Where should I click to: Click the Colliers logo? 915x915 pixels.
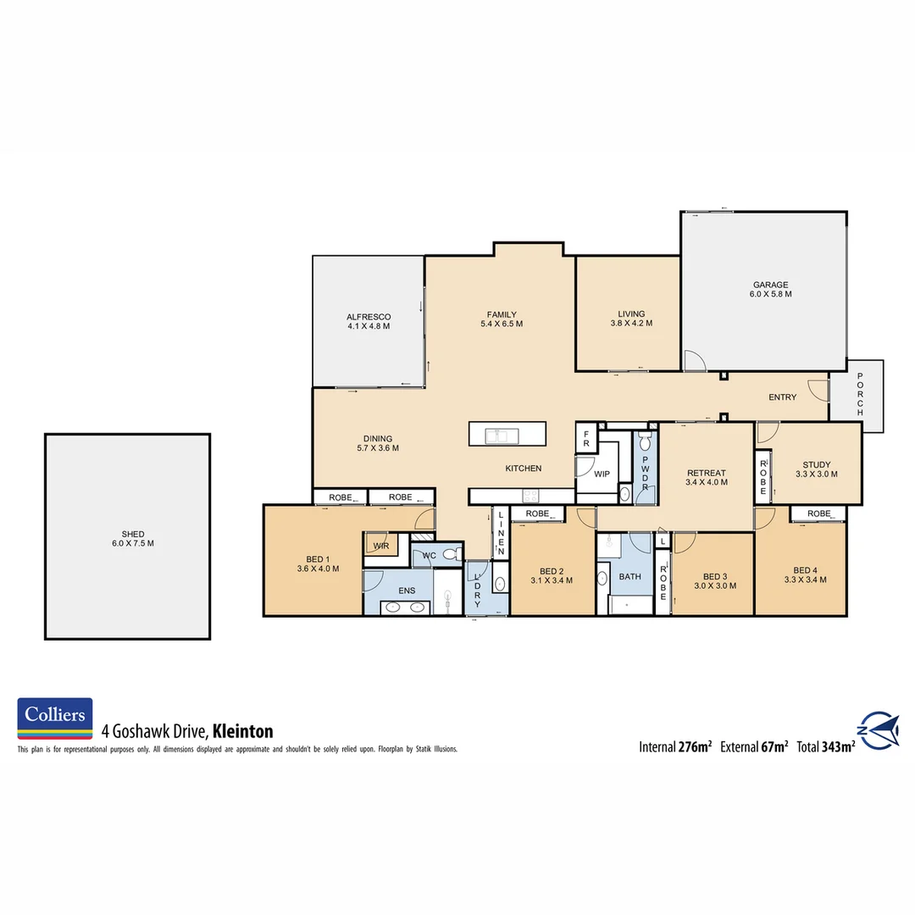coord(55,718)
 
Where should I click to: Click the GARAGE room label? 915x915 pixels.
coord(769,285)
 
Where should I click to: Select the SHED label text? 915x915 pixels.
coord(133,534)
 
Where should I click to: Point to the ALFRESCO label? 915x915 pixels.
coord(368,316)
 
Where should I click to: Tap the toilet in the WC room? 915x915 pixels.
coord(452,555)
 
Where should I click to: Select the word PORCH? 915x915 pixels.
coord(860,394)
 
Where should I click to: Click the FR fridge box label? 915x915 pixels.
coord(585,438)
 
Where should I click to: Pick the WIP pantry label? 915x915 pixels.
coord(602,474)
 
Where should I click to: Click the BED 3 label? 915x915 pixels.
coord(710,576)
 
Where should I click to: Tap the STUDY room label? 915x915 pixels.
coord(817,464)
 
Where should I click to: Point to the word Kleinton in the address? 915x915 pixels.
coord(242,731)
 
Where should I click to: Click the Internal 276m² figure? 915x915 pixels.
coord(674,747)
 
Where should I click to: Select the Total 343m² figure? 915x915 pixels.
coord(825,747)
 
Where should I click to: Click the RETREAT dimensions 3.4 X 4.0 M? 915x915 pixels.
coord(706,484)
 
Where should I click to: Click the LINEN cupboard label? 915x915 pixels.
coord(501,534)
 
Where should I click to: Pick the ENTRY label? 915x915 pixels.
coord(782,397)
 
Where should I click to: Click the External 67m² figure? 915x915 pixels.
coord(754,747)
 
